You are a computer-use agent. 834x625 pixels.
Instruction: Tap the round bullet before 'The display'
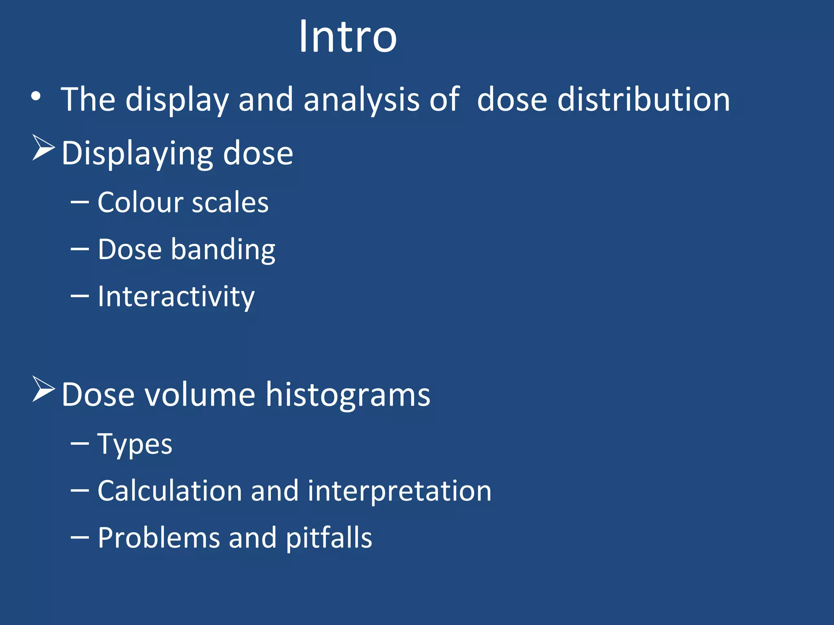36,97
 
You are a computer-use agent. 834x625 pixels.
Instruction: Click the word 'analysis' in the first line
361,100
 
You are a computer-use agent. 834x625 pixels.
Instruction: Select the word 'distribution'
644,100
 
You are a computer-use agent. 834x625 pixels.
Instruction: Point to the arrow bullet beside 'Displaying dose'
44,148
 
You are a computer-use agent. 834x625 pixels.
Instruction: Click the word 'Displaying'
137,154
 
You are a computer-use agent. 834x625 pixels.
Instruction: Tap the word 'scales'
230,203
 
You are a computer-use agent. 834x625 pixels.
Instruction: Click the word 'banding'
223,250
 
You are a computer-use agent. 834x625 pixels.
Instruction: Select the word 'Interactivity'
176,297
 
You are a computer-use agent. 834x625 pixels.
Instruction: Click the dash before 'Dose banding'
79,249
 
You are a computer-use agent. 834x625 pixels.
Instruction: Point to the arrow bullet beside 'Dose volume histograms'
44,389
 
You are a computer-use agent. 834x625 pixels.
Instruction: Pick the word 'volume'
200,395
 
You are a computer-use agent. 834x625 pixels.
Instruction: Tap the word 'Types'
134,444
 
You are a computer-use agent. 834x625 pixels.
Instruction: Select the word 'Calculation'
169,491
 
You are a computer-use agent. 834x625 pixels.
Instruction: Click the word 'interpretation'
399,492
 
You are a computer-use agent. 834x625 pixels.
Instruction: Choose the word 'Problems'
158,538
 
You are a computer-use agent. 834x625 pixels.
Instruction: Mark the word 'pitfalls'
329,538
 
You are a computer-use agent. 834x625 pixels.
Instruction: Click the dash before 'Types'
79,444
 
